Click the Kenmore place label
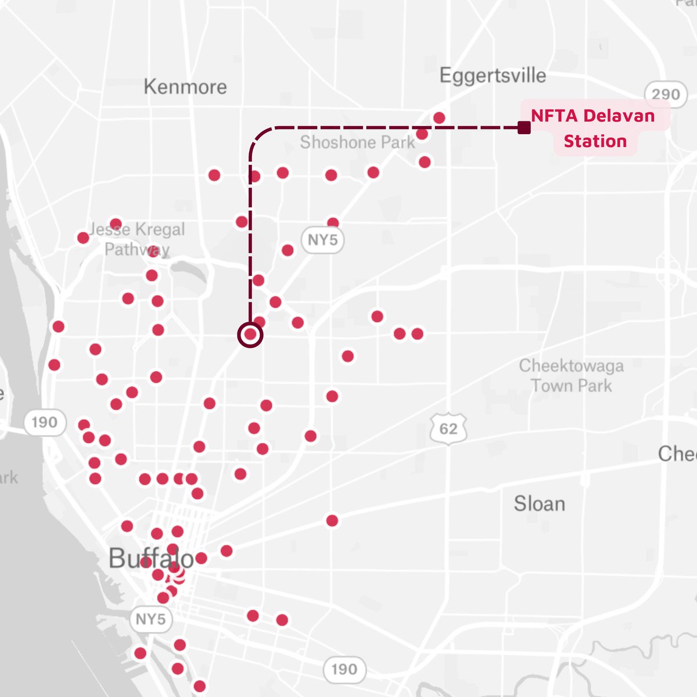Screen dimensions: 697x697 (185, 87)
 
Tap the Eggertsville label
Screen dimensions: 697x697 (493, 76)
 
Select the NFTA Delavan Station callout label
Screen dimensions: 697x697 (594, 128)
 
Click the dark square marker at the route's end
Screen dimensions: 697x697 (524, 128)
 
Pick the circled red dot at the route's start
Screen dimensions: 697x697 (250, 335)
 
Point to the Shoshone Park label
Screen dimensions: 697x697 (357, 142)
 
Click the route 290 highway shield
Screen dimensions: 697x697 (666, 94)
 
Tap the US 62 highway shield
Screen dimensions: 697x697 (448, 429)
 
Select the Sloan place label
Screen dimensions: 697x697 (539, 504)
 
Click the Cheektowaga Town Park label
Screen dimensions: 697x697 (572, 376)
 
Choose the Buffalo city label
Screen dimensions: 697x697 (151, 559)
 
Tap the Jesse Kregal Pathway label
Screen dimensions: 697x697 (137, 239)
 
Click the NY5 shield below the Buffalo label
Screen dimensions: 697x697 (150, 619)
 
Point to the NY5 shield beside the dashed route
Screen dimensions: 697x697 (322, 240)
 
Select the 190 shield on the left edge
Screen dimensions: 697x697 (45, 422)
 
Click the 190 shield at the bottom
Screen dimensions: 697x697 (344, 669)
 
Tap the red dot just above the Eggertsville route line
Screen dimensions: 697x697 (439, 118)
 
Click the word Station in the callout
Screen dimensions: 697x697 (595, 141)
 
